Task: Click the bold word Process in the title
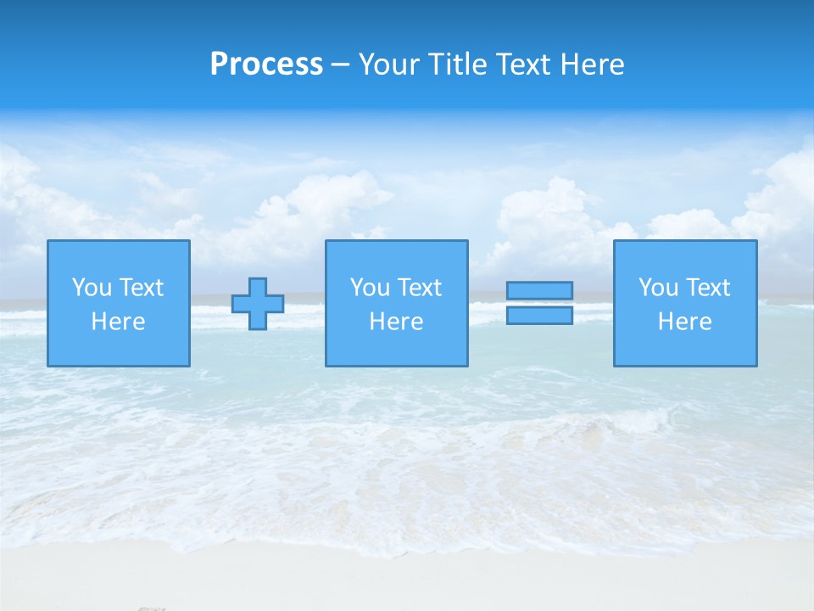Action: (266, 64)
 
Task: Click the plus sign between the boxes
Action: (258, 304)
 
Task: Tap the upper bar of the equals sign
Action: (539, 290)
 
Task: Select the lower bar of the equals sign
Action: (539, 315)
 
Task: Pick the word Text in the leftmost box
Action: (141, 288)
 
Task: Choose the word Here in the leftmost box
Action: (119, 322)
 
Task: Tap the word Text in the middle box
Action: (419, 288)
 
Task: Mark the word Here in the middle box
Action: (397, 322)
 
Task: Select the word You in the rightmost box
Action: (658, 288)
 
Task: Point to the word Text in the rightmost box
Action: (707, 288)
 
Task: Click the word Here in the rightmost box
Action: (685, 322)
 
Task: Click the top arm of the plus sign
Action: (258, 287)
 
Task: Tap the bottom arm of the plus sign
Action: (258, 321)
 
